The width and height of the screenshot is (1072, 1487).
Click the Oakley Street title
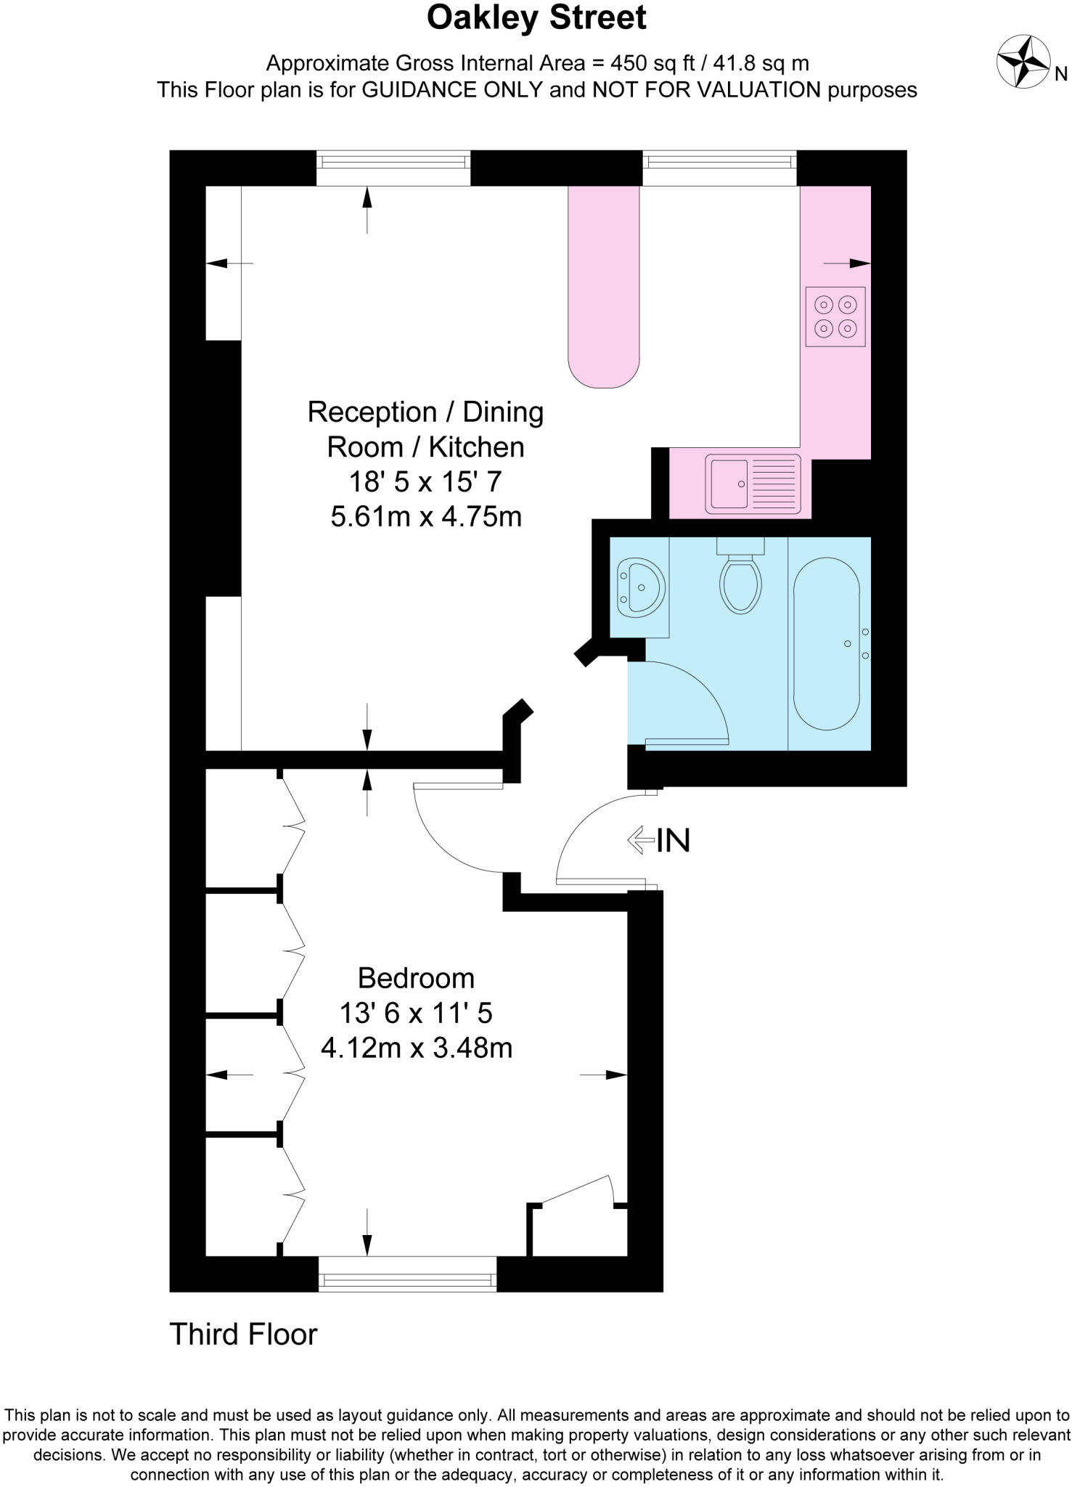tap(536, 18)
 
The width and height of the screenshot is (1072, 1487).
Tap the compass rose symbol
tap(1023, 62)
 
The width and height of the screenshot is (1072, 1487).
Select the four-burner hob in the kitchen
tap(835, 317)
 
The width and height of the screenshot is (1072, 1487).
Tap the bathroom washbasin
tap(640, 586)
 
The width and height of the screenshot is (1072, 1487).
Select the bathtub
tap(827, 643)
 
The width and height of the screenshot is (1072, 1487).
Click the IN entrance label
tap(674, 841)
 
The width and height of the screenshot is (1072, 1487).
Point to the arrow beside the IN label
tap(640, 841)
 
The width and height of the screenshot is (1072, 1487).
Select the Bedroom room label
tap(416, 978)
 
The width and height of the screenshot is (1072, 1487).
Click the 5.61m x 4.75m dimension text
tap(426, 517)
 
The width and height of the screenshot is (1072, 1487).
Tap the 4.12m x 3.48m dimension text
tap(416, 1048)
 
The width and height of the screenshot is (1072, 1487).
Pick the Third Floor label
tap(243, 1335)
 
